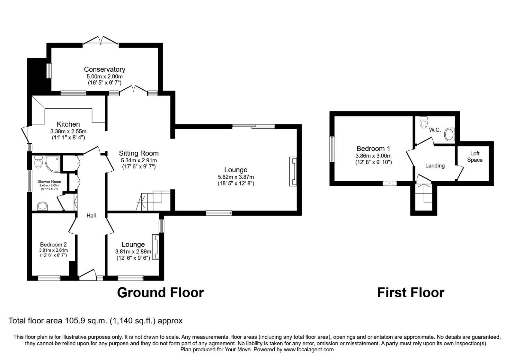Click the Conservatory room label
[105, 69]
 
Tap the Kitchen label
[68, 124]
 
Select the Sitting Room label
[139, 153]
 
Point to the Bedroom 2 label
[53, 245]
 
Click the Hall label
[91, 215]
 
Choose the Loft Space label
[475, 157]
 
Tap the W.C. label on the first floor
[435, 130]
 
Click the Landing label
[435, 166]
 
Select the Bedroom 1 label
[373, 148]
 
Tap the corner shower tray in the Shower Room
[53, 164]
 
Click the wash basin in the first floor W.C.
[449, 134]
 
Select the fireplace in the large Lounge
[293, 171]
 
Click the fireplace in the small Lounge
[155, 247]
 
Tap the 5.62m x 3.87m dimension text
[236, 177]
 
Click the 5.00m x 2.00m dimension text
[105, 76]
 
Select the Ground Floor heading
[161, 293]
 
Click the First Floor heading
[411, 293]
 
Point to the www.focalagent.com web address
[309, 349]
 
